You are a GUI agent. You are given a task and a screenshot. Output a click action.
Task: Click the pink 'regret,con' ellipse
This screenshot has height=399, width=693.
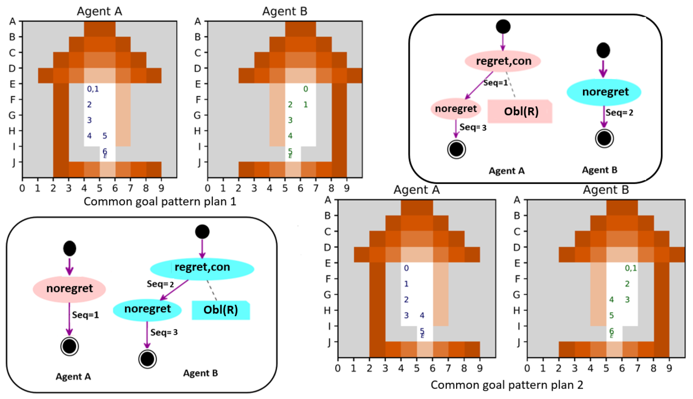point(503,61)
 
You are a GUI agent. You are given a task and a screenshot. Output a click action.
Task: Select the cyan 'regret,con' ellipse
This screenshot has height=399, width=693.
point(202,267)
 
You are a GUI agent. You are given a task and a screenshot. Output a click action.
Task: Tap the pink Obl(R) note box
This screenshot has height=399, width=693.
point(520,111)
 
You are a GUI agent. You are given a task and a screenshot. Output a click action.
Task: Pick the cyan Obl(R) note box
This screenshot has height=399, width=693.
point(221,310)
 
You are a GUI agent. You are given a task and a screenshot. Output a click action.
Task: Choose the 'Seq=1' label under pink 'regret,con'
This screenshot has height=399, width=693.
point(495,83)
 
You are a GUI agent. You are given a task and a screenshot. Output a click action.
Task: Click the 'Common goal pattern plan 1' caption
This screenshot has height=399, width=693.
point(159,202)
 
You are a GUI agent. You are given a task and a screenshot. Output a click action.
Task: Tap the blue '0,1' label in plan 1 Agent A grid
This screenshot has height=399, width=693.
point(93,89)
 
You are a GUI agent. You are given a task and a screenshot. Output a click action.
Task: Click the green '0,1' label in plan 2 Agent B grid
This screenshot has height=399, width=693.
point(631,268)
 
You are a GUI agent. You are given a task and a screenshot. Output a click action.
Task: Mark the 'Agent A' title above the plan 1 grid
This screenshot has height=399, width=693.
point(99,11)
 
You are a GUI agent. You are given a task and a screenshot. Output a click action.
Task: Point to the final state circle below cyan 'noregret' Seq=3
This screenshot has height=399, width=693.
point(147,359)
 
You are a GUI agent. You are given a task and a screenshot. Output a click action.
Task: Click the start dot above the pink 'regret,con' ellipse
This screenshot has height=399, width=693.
point(503,27)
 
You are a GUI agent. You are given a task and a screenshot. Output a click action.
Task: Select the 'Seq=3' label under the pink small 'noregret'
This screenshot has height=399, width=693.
point(473,127)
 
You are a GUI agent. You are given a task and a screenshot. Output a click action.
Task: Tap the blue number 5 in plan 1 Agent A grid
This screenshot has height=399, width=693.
point(105,136)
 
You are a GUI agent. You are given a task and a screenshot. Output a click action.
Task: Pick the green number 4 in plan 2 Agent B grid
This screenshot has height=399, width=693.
point(611,300)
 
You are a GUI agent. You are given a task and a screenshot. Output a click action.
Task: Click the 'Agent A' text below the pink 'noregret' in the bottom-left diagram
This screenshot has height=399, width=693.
point(73,376)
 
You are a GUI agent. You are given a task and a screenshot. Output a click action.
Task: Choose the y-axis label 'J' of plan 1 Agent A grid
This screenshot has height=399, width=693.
point(13,162)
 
